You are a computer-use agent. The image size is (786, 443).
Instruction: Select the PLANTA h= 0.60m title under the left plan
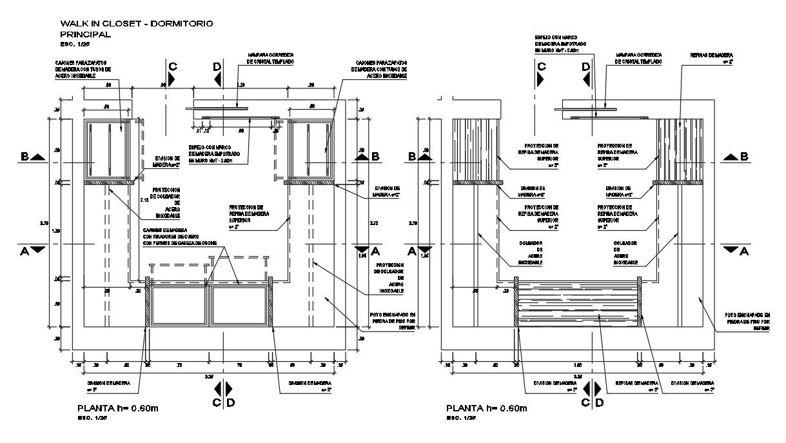tap(119, 408)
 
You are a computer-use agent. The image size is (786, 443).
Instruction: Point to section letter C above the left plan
tap(172, 66)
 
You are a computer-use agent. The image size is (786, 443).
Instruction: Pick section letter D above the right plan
tap(585, 66)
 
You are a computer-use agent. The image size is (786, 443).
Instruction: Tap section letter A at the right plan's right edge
tap(743, 252)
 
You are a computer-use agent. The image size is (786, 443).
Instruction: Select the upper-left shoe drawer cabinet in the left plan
tap(109, 149)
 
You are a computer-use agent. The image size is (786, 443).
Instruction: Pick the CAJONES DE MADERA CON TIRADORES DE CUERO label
tap(180, 237)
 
